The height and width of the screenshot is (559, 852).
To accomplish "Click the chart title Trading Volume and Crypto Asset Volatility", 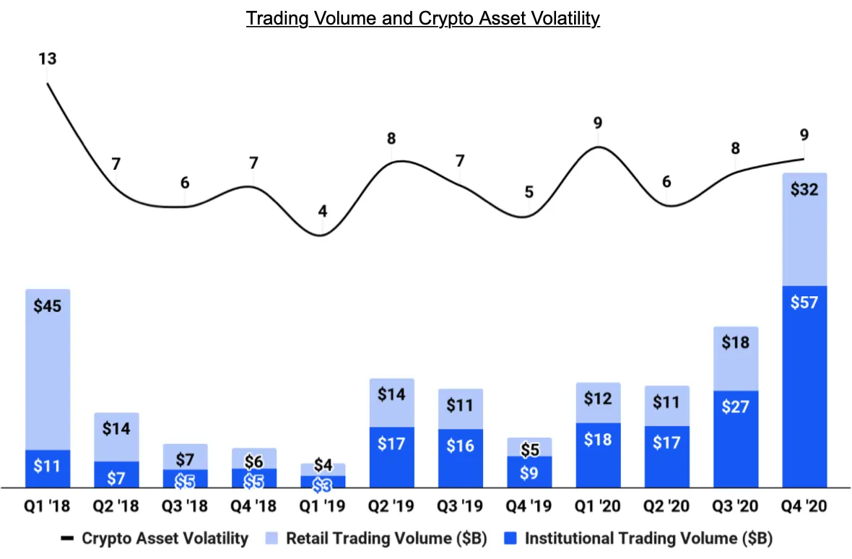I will [422, 18].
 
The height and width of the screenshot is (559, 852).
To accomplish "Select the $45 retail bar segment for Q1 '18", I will [48, 368].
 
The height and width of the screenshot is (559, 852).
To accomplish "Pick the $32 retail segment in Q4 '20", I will [804, 230].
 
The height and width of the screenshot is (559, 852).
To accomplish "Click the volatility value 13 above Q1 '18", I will [48, 58].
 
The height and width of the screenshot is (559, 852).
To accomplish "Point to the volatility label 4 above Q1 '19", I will [323, 212].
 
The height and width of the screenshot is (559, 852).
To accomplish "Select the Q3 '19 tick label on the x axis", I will [460, 507].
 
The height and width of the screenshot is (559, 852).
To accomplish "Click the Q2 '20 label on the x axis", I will [666, 507].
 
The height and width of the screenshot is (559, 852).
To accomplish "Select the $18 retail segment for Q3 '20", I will [735, 359].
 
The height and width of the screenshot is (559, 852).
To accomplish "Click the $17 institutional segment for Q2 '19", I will [391, 457].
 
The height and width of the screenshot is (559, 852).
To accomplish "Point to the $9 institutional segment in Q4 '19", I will [529, 472].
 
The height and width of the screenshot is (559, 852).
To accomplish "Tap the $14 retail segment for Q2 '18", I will [116, 437].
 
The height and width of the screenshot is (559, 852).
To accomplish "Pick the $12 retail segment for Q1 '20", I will [598, 402].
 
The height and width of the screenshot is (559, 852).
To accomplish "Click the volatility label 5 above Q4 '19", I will [529, 192].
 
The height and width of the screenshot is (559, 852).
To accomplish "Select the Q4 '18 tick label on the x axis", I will [254, 507].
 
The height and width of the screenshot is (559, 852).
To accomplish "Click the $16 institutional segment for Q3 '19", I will [460, 459].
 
